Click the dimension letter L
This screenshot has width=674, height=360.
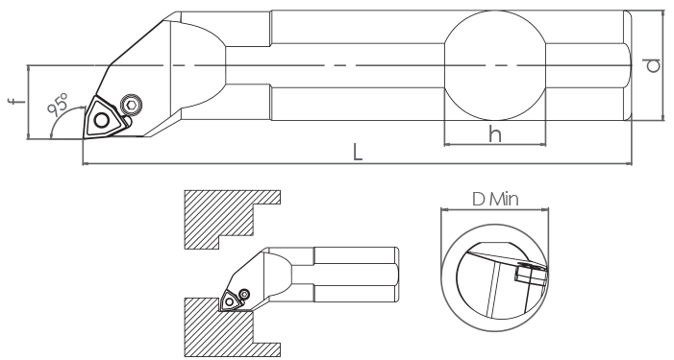click(358, 153)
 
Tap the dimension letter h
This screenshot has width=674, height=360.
click(495, 134)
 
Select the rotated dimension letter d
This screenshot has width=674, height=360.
click(653, 65)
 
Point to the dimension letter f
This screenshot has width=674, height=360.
click(16, 102)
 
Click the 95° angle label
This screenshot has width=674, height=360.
click(58, 105)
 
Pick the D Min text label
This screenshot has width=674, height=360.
click(495, 199)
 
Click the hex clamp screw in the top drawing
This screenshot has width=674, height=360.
click(131, 105)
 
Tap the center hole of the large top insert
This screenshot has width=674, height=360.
click(102, 120)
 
